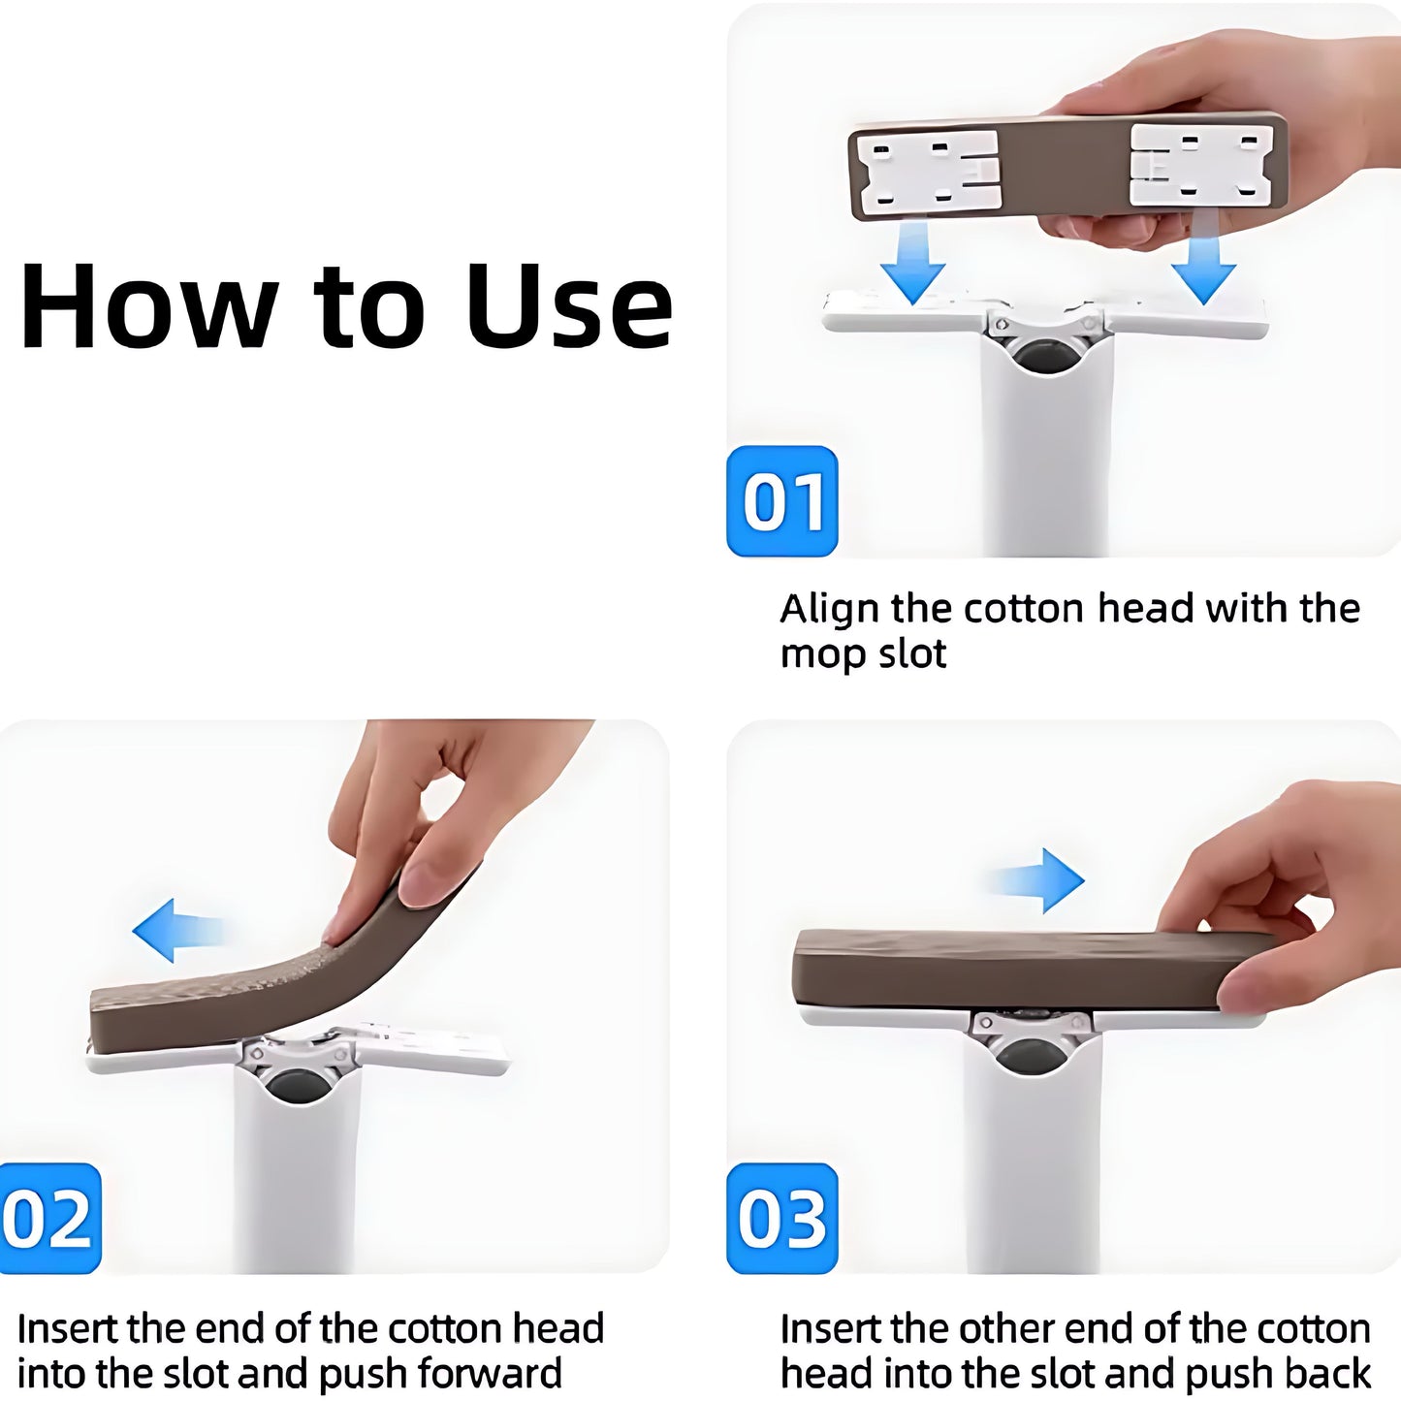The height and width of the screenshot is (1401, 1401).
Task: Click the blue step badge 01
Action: (781, 501)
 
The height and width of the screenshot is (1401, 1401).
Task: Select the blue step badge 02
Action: (49, 1219)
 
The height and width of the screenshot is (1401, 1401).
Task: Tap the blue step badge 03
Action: (781, 1219)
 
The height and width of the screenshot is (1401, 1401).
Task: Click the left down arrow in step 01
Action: (913, 263)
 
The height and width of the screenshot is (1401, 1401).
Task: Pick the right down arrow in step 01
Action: (1203, 263)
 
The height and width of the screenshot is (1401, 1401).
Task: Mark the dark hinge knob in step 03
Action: (1031, 1054)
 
